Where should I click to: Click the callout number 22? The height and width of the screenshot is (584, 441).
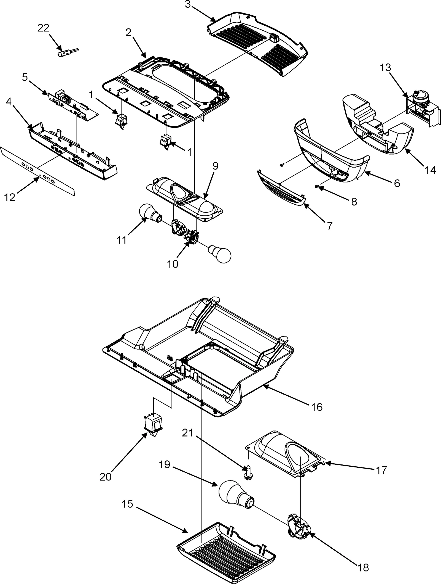43,28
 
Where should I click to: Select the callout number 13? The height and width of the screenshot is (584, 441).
386,68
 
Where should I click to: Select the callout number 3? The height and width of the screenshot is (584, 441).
187,5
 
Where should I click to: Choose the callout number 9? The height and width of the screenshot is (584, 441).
215,166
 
